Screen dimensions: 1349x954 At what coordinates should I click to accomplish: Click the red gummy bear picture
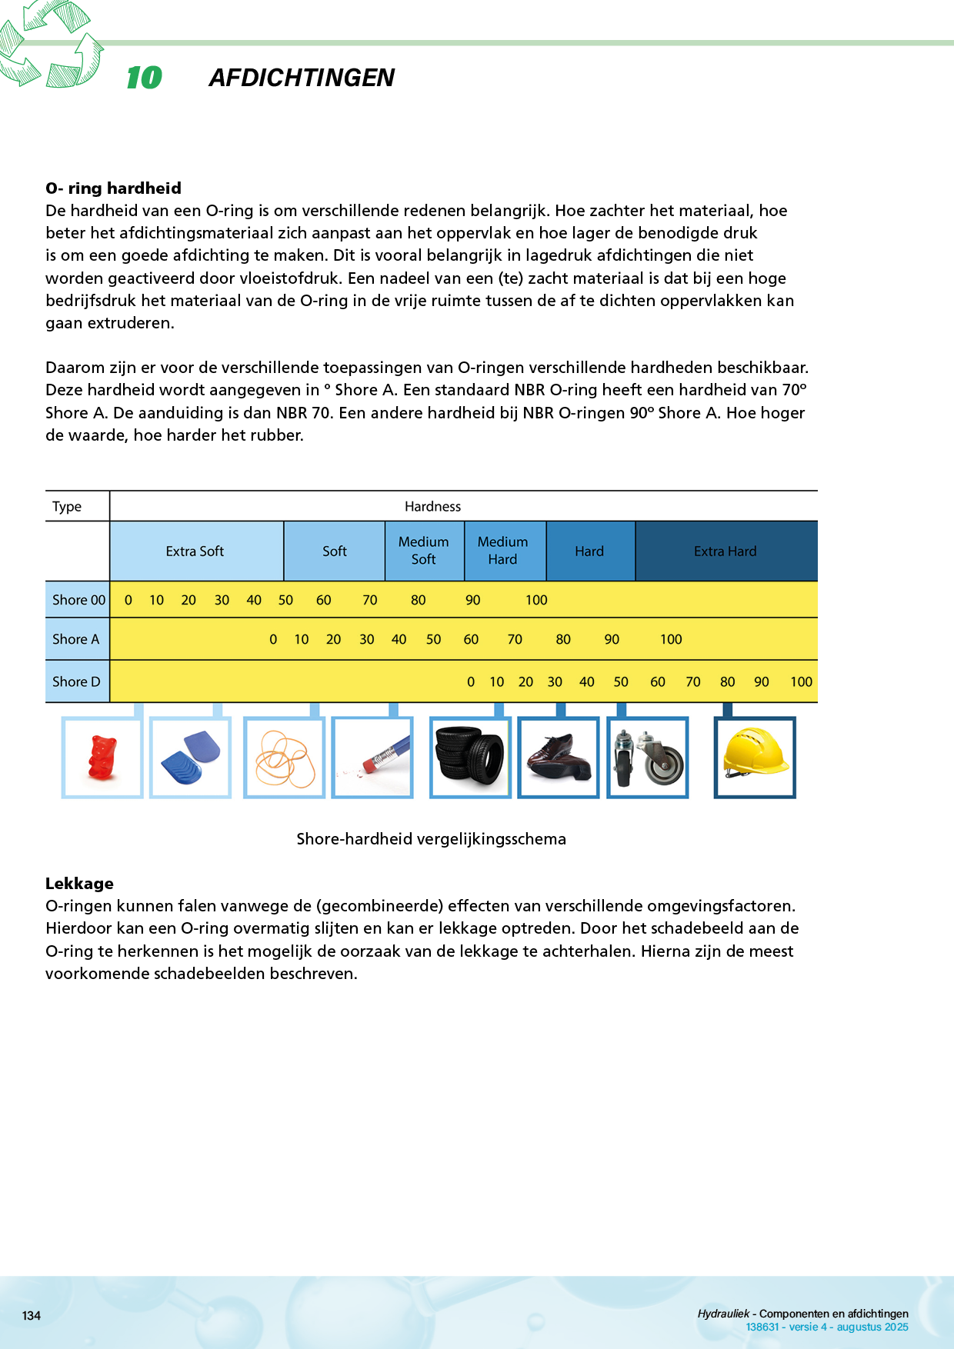click(102, 758)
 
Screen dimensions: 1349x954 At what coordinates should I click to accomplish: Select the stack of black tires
click(469, 758)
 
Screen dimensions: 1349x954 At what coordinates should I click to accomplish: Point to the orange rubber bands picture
click(285, 758)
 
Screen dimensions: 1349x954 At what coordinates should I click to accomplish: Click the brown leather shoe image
click(559, 757)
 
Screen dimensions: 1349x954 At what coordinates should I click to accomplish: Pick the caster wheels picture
click(648, 758)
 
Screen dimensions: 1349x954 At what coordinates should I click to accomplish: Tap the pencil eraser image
click(373, 758)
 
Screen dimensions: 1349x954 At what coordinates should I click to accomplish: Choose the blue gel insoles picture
click(191, 758)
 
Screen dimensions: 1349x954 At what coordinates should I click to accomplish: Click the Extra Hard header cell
click(726, 551)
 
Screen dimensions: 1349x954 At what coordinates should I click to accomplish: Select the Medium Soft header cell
click(424, 551)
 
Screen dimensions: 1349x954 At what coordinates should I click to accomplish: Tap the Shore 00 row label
click(78, 600)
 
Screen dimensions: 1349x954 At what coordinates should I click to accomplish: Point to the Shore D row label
click(76, 681)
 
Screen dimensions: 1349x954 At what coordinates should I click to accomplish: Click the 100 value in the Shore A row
click(671, 639)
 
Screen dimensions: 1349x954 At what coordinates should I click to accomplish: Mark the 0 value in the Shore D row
click(471, 682)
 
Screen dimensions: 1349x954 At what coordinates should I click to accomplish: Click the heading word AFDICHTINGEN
click(302, 78)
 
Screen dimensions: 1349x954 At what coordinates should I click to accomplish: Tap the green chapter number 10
click(144, 78)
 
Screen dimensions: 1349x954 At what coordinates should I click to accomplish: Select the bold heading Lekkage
click(79, 883)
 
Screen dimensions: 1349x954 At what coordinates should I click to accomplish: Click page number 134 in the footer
click(32, 1315)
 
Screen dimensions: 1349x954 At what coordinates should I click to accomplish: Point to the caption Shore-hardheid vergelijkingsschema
click(431, 839)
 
